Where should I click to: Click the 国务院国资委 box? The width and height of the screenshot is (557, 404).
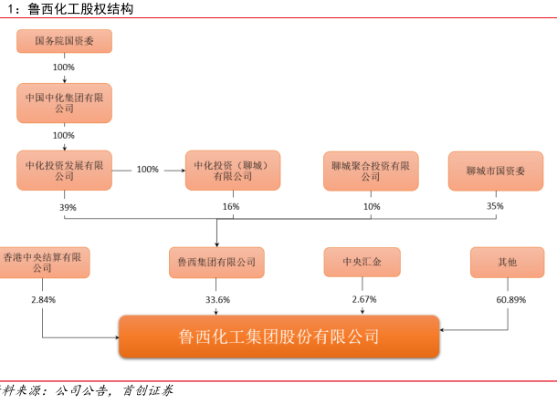point(64,41)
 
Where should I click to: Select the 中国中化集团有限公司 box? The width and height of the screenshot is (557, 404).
point(64,103)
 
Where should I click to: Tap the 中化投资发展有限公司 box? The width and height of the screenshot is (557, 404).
point(64,171)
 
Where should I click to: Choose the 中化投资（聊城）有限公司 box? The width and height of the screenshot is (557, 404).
point(232,171)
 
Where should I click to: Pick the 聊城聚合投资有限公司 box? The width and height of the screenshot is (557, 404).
point(371,171)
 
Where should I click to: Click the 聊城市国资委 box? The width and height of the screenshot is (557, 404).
point(496,171)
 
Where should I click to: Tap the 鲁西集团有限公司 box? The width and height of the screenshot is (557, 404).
point(216,263)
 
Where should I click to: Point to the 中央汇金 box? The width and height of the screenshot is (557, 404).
point(363,263)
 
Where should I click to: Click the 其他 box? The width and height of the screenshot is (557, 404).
point(507,263)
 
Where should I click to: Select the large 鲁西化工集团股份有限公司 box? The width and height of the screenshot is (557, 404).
point(279,337)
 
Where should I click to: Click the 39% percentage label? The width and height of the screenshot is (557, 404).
point(68,207)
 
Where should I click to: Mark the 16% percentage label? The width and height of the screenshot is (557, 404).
point(231,207)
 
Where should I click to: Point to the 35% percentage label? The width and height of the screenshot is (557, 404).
point(495,207)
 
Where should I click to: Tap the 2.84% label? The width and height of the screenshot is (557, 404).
point(43,299)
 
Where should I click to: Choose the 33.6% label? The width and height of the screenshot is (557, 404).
point(217,299)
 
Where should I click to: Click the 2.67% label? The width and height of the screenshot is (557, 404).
point(364,299)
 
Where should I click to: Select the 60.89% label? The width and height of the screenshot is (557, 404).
point(510,299)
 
